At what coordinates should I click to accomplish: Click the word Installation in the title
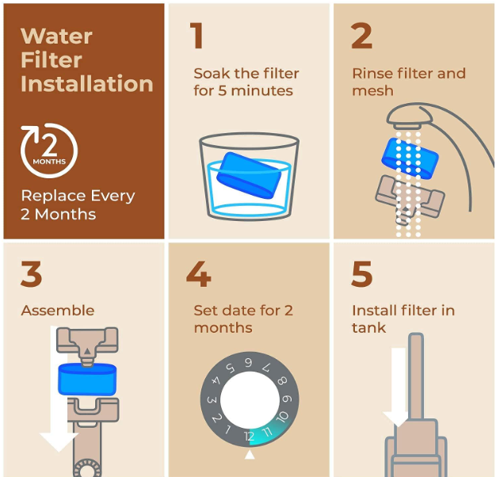87,83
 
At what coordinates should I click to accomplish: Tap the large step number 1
196,36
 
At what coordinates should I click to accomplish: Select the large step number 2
361,36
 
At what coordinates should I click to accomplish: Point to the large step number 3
32,273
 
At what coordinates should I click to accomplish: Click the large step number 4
199,274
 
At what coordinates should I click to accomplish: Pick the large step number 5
362,274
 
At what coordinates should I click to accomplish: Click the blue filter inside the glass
249,175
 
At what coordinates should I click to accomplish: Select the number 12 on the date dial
250,437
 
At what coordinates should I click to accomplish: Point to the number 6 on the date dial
249,362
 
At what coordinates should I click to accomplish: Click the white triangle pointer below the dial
250,454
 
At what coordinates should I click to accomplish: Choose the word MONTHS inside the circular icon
49,162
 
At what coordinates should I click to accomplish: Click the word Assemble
58,311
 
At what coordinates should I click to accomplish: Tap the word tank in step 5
369,328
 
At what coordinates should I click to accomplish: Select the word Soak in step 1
212,74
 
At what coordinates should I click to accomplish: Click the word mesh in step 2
373,91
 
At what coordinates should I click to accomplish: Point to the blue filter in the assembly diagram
87,380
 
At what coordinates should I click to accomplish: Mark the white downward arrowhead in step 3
59,442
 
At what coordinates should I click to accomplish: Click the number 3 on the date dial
212,400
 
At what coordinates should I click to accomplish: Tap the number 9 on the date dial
287,399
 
